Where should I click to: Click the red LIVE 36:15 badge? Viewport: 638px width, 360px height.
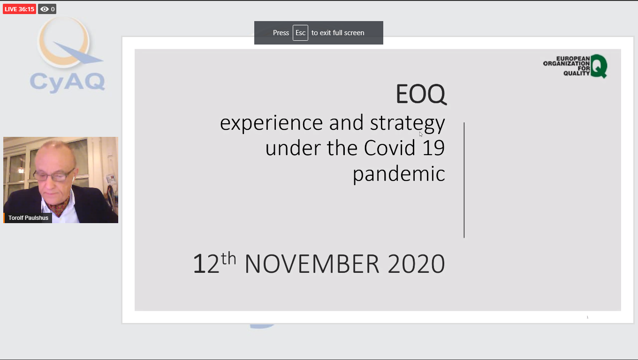(19, 9)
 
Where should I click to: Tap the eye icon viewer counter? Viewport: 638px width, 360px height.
(47, 9)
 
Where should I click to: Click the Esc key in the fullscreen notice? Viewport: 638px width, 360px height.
(300, 33)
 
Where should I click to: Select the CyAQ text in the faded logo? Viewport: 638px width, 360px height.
(68, 82)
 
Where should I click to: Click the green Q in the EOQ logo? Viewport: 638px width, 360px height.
(599, 66)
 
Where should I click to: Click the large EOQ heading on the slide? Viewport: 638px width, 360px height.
(421, 94)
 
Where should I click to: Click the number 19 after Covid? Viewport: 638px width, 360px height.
(433, 148)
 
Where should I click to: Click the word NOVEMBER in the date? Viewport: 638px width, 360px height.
(312, 264)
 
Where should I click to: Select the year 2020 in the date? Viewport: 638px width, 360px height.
(416, 264)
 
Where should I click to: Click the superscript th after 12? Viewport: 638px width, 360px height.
(229, 258)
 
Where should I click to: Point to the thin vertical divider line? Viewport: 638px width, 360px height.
(464, 180)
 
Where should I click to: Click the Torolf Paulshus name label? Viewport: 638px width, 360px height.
(28, 218)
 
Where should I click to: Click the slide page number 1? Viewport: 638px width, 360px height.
(587, 317)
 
